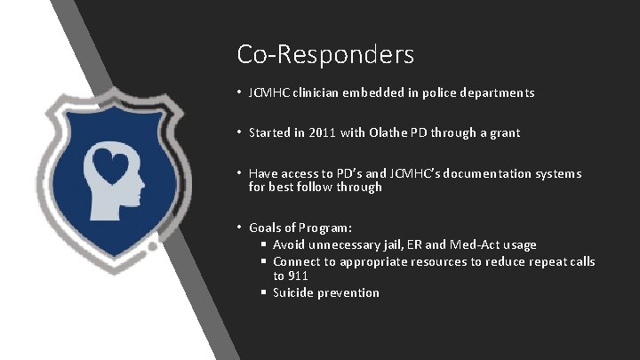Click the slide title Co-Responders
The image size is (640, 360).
[x=325, y=55]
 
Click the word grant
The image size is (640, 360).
[x=504, y=132]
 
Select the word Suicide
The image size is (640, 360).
[x=293, y=292]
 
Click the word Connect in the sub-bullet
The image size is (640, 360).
[x=298, y=261]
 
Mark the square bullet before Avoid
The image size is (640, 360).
[x=265, y=244]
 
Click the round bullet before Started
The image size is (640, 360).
[x=240, y=132]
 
